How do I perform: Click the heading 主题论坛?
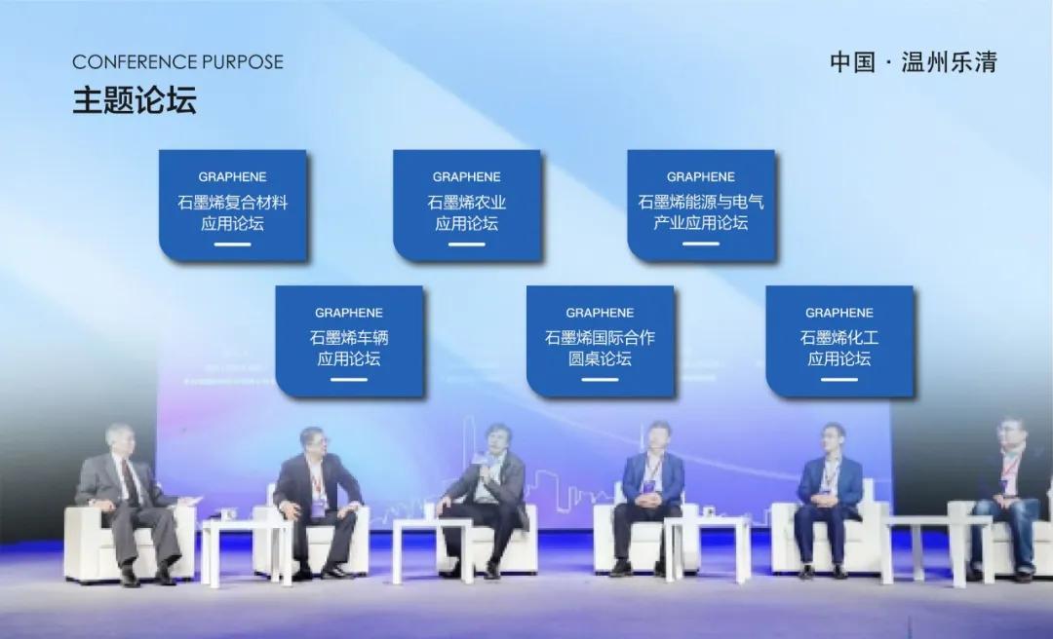pos(135,100)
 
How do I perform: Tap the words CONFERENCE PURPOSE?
pos(178,61)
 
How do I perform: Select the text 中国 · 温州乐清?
pos(914,61)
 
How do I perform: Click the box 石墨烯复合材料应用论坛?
pos(233,206)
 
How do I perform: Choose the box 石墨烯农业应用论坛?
pos(467,206)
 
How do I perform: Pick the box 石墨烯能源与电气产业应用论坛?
pos(701,206)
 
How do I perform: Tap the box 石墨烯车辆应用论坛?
pos(349,341)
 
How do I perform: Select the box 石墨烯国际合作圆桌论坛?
pos(600,341)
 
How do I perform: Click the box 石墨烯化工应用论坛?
pos(839,341)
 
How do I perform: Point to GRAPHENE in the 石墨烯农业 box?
pos(467,177)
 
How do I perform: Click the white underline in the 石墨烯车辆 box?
pos(349,379)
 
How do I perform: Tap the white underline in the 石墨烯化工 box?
pos(839,379)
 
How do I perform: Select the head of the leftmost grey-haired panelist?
pos(120,439)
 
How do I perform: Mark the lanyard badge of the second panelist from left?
pos(318,505)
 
